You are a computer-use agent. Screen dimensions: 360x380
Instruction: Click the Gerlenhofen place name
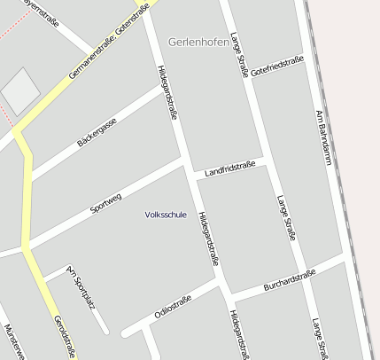(x=198, y=42)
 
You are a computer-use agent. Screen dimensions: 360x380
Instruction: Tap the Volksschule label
(x=166, y=215)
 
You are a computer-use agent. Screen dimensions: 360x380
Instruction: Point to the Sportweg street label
(x=106, y=202)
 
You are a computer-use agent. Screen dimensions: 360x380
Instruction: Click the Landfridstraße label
(x=229, y=168)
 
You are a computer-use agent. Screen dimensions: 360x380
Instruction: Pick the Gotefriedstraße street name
(x=277, y=66)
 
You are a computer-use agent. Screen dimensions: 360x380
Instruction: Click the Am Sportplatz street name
(x=81, y=289)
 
